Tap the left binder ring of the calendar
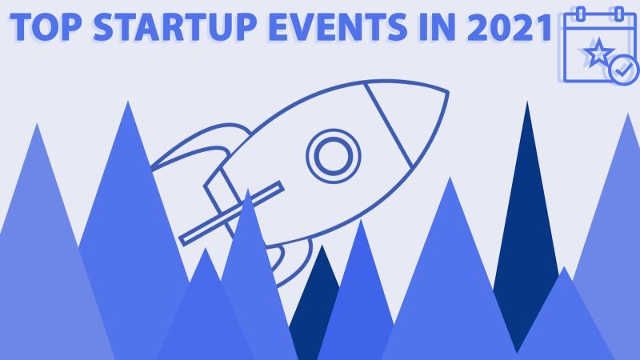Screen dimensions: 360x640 (582, 14)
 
